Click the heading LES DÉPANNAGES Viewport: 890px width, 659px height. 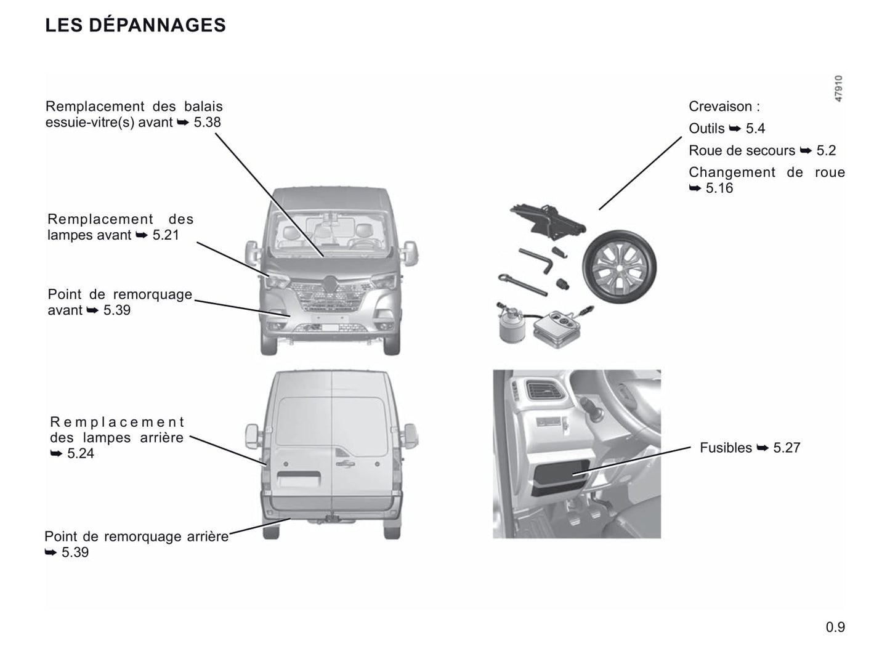(136, 25)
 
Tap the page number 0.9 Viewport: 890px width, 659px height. (835, 627)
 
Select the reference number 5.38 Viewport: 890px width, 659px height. (207, 122)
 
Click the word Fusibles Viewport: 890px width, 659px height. (726, 448)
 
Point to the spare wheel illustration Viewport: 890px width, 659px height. (620, 266)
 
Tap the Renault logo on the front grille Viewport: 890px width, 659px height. (331, 284)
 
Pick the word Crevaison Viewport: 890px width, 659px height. (720, 107)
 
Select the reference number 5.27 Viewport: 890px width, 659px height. (787, 448)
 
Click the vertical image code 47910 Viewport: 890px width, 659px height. (838, 88)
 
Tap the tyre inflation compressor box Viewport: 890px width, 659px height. (558, 328)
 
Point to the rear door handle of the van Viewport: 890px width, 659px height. (345, 464)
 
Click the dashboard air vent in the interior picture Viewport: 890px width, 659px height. (544, 390)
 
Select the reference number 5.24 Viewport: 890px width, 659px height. (80, 453)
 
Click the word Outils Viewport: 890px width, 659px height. (706, 129)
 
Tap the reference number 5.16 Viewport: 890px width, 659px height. (719, 188)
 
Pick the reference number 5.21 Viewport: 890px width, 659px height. (165, 235)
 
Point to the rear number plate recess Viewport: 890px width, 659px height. (299, 479)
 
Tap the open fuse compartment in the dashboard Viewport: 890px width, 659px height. (560, 477)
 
